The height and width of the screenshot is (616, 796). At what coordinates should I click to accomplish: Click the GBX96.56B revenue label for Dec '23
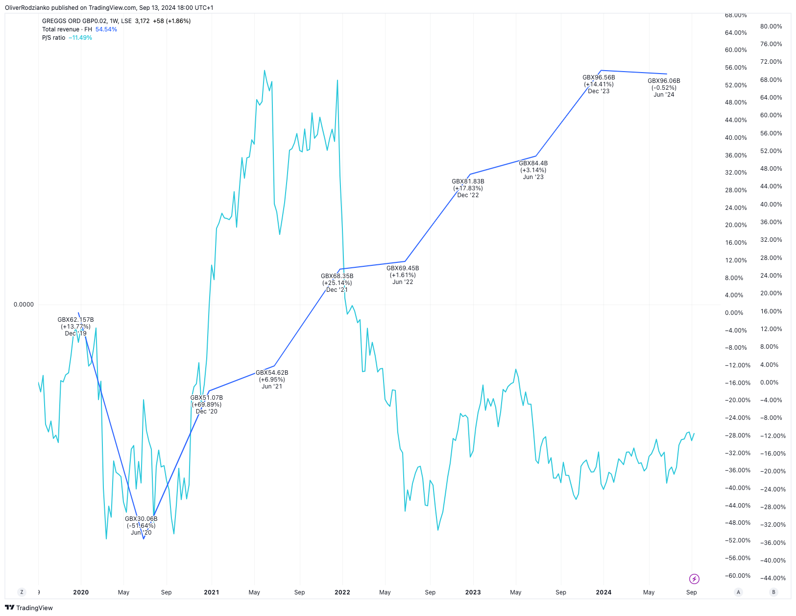coord(599,77)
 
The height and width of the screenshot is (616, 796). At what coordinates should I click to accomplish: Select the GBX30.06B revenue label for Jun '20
coord(141,519)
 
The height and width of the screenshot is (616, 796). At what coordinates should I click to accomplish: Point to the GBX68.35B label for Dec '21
coord(337,276)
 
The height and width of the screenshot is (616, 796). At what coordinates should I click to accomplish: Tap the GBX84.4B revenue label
coord(533,163)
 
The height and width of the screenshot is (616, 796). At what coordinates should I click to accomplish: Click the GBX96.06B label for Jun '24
coord(664,81)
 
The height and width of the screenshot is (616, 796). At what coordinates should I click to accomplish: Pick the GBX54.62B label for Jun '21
coord(272,373)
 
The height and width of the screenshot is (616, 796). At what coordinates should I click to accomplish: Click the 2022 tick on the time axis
coord(342,592)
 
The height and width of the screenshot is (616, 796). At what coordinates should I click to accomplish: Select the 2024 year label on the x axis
coord(603,592)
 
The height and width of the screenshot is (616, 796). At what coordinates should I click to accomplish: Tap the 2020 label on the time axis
coord(81,592)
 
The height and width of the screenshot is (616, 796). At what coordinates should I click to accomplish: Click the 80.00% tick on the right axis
coord(771,26)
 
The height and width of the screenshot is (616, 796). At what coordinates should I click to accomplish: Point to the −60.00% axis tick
coord(737,576)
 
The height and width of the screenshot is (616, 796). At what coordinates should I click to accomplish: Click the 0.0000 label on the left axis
coord(24,305)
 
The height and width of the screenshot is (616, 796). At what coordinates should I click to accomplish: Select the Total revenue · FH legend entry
coord(67,29)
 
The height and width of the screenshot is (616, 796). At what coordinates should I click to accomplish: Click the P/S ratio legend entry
coord(54,38)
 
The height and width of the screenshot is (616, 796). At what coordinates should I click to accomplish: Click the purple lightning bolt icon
coord(694,579)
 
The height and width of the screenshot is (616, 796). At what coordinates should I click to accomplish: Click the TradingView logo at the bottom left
coord(29,608)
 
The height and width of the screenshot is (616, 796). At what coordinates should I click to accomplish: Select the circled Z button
coord(22,592)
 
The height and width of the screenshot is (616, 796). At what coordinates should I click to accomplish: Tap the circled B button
coord(774,592)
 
